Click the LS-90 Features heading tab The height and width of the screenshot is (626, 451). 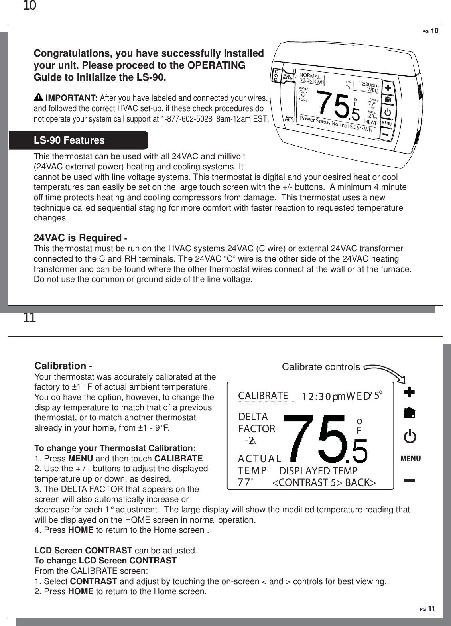tap(70, 141)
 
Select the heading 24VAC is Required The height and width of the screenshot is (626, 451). tap(77, 238)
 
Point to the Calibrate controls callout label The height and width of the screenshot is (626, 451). tap(321, 367)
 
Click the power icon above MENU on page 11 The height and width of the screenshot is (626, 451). tap(410, 437)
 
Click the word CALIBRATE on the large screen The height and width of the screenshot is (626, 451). tap(263, 396)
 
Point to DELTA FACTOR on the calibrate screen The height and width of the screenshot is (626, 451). tap(256, 423)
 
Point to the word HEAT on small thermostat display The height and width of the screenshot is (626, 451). tap(371, 122)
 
